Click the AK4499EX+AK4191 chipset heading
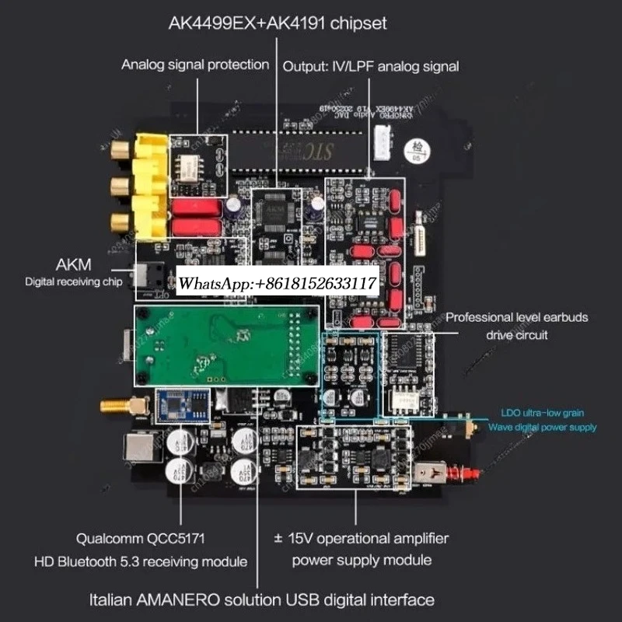278,23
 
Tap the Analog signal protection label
195,65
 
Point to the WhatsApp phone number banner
278,285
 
